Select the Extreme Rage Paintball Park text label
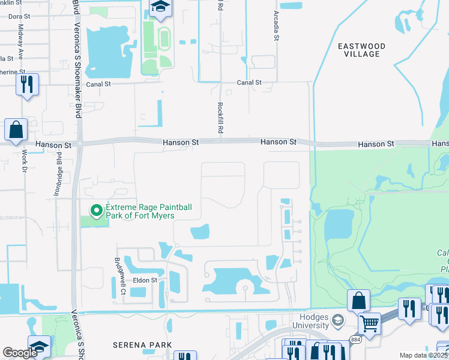(148, 211)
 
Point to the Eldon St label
(145, 280)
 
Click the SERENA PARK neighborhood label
(143, 345)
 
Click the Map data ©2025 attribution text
(423, 355)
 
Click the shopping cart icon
(369, 323)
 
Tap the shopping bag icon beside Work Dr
(16, 129)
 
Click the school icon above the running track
(160, 7)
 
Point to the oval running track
(163, 40)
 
